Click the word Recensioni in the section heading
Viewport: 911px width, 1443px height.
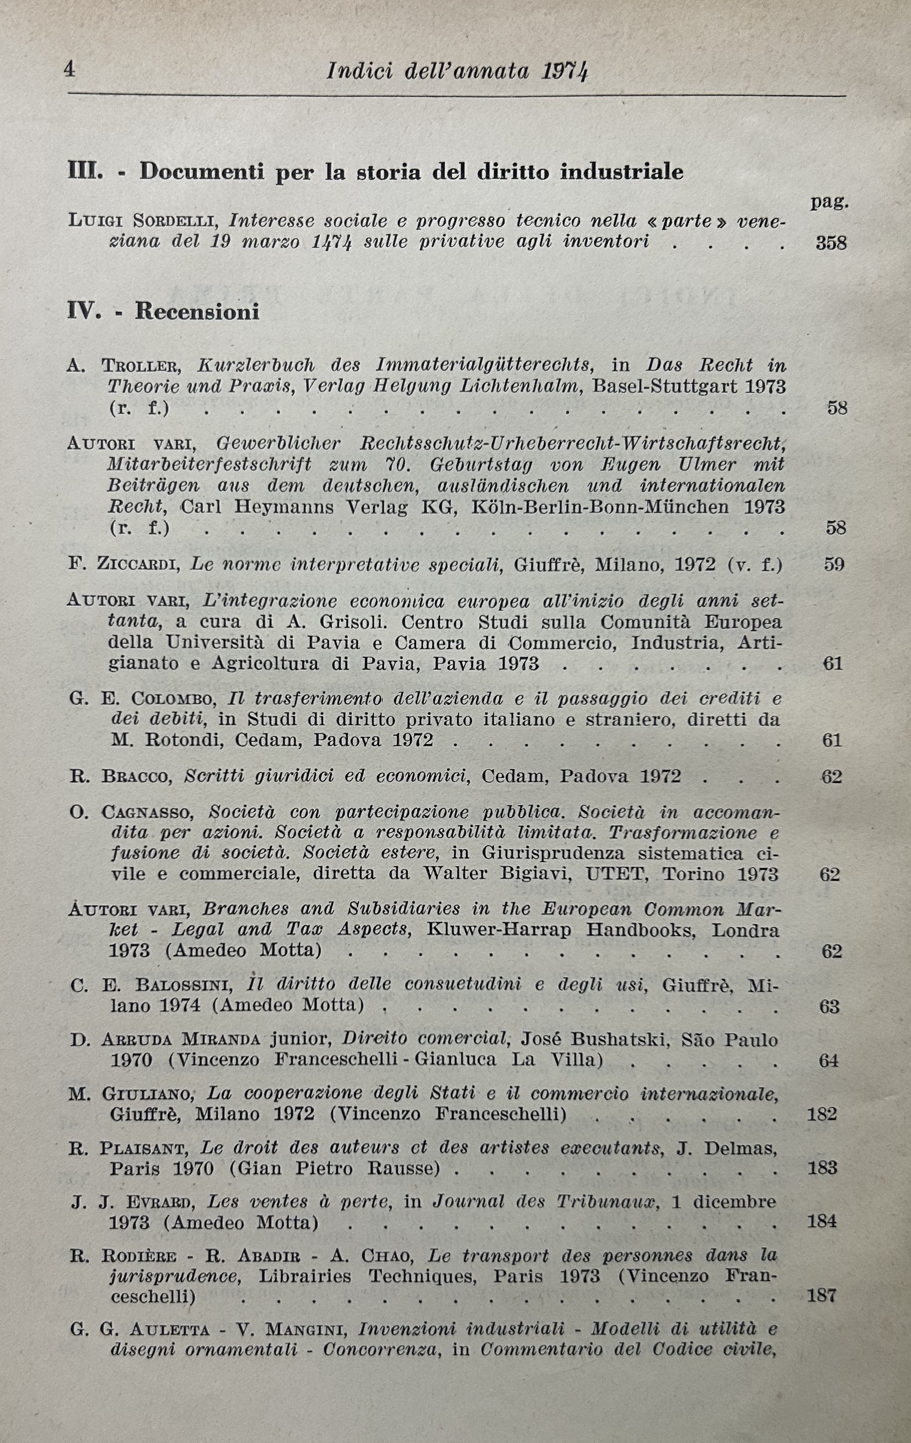coord(197,312)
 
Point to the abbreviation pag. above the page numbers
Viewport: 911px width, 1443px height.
coord(829,202)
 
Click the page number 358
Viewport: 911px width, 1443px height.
coord(831,243)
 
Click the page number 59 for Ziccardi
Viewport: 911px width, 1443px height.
coord(833,565)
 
